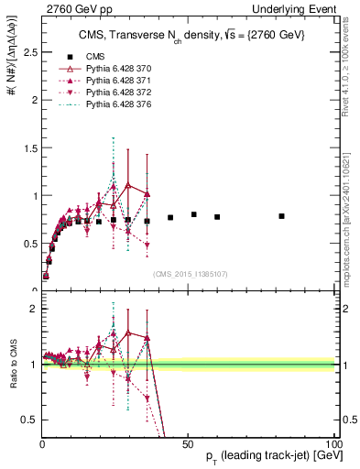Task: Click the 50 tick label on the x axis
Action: (187, 442)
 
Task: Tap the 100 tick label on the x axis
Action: (333, 442)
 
